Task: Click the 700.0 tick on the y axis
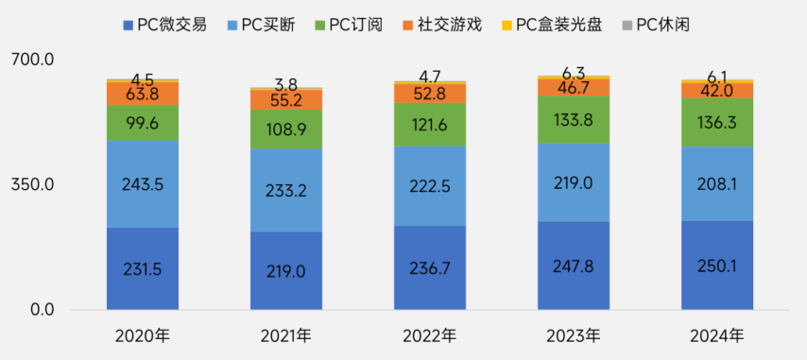pyautogui.click(x=32, y=60)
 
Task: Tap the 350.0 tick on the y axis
pyautogui.click(x=32, y=184)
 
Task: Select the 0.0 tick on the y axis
pyautogui.click(x=42, y=310)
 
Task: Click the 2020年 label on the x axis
pyautogui.click(x=142, y=335)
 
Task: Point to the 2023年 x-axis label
pyautogui.click(x=574, y=335)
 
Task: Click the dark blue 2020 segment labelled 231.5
pyautogui.click(x=143, y=268)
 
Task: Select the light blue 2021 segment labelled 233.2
pyautogui.click(x=286, y=190)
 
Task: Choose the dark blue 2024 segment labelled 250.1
pyautogui.click(x=717, y=266)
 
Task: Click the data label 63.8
pyautogui.click(x=143, y=94)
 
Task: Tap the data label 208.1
pyautogui.click(x=717, y=184)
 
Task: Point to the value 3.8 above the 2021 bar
pyautogui.click(x=286, y=83)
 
